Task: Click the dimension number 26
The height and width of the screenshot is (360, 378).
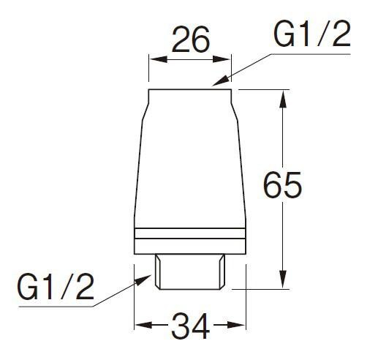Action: [x=191, y=40]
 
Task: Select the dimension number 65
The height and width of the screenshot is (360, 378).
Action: [x=283, y=184]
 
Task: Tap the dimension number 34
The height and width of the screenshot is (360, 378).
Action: [x=191, y=326]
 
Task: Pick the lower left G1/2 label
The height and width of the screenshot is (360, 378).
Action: [x=56, y=286]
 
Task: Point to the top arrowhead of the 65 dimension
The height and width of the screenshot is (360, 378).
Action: [x=282, y=99]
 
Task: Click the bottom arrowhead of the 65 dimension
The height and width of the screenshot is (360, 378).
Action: [x=282, y=280]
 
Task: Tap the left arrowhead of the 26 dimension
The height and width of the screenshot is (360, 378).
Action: [x=159, y=59]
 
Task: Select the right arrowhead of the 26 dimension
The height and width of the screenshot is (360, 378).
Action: [x=222, y=59]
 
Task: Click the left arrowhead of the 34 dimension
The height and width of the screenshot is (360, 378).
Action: [x=144, y=325]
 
